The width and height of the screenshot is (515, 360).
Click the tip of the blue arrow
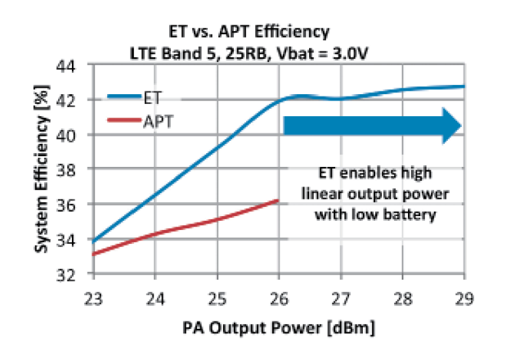462,125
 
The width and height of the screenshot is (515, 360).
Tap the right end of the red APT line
279,200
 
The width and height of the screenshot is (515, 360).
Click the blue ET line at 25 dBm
216,148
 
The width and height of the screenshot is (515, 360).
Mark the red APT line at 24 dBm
154,234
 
